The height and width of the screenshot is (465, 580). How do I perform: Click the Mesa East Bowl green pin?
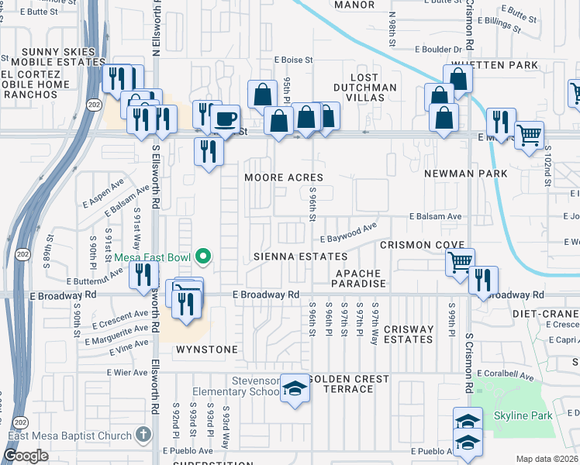(203, 255)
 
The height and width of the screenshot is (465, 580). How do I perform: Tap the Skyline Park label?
(523, 416)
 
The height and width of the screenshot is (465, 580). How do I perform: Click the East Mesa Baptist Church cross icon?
(142, 435)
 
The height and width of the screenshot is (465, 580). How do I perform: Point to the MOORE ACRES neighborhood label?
(284, 177)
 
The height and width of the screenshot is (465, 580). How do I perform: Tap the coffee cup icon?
(225, 119)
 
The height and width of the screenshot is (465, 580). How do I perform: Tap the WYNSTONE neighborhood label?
(207, 350)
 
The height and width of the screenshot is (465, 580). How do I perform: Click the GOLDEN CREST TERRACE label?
(341, 383)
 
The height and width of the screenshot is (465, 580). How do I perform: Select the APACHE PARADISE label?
(361, 279)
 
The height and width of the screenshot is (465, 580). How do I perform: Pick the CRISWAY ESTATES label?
(408, 334)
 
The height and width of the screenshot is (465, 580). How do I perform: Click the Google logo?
(26, 456)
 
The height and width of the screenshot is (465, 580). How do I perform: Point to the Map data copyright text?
(547, 459)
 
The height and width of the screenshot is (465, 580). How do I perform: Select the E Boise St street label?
(292, 59)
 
